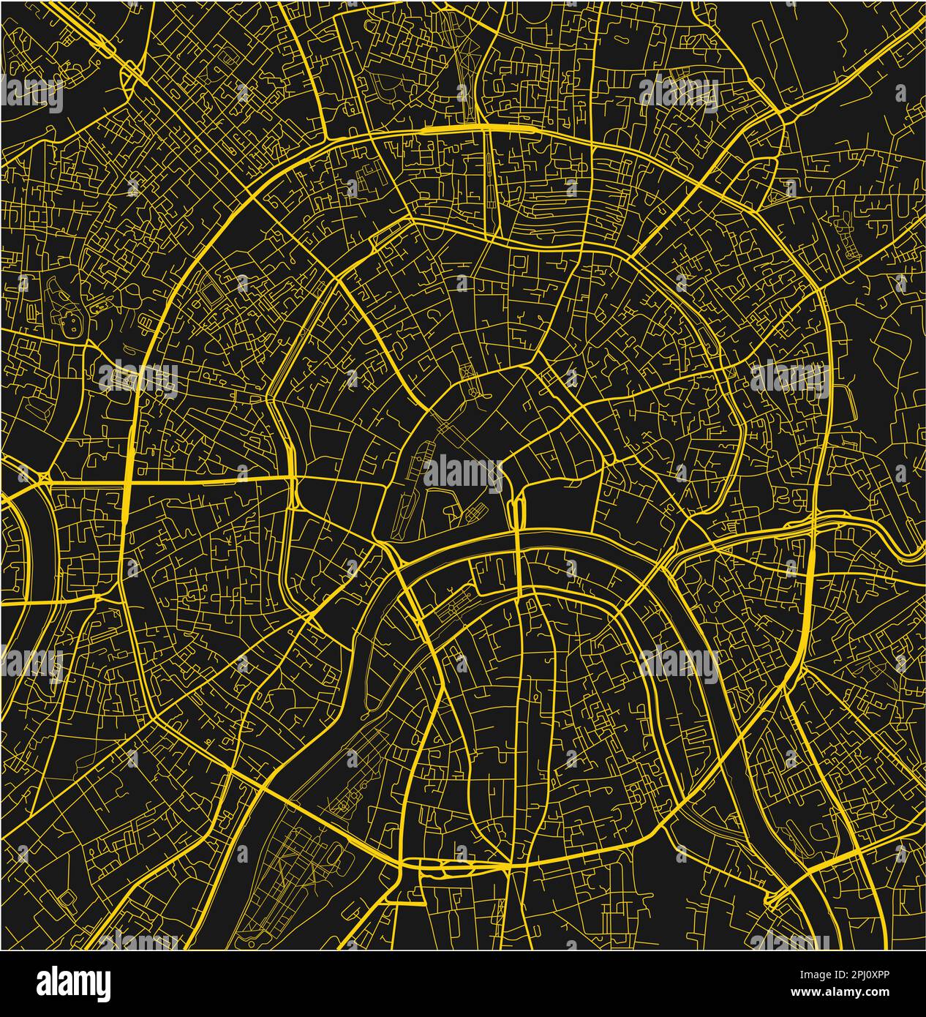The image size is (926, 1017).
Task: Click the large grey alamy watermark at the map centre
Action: tap(462, 473)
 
